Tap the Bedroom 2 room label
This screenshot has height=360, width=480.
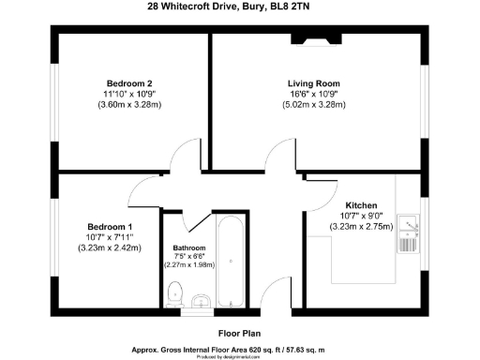[128, 82]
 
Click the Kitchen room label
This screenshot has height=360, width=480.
[362, 204]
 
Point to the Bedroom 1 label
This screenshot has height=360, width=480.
[110, 227]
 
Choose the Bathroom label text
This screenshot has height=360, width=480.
[189, 249]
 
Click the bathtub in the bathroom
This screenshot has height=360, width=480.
[230, 257]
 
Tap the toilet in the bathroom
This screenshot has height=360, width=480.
[172, 297]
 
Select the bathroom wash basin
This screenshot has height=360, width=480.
[200, 301]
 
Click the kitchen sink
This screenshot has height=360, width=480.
[408, 225]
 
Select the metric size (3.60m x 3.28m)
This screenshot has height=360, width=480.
[128, 106]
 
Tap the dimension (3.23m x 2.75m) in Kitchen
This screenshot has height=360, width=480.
[362, 227]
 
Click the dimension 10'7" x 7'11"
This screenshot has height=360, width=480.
[110, 237]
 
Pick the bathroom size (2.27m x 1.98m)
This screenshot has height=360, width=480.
[188, 265]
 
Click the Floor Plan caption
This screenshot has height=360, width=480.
[239, 332]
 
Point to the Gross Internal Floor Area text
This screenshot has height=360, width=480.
[240, 348]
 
